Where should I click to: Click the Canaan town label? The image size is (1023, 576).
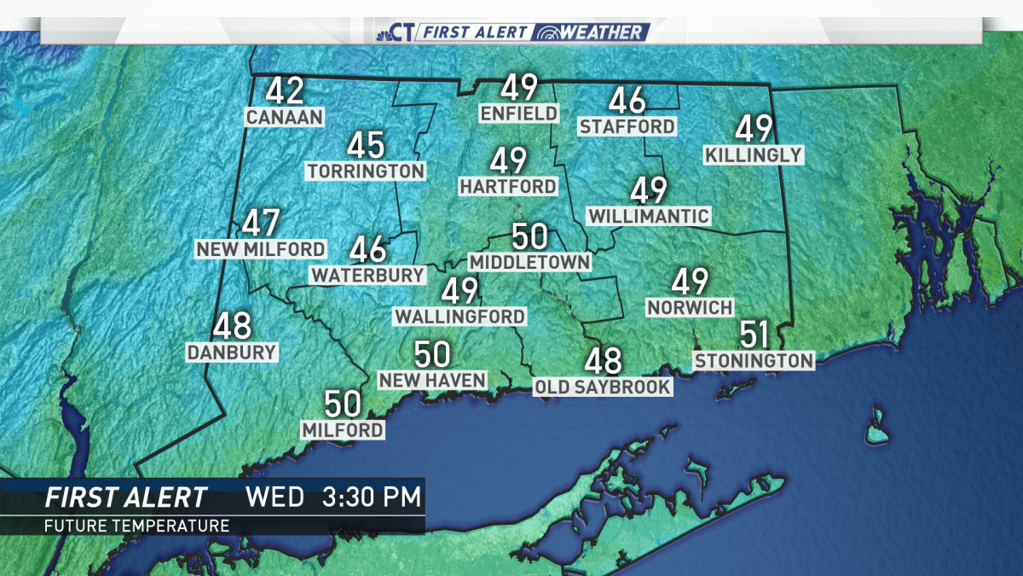(285, 116)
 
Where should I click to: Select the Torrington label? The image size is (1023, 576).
(365, 171)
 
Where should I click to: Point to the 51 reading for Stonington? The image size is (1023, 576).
(754, 335)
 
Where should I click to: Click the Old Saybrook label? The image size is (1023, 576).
(603, 387)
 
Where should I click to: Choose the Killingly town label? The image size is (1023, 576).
(754, 154)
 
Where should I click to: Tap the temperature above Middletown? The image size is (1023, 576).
(529, 236)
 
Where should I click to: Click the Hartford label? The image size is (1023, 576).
(508, 185)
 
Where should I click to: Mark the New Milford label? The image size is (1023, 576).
(260, 248)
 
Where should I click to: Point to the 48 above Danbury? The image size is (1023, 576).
(232, 327)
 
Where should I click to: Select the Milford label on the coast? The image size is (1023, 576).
(343, 429)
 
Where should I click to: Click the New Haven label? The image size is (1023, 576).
(432, 380)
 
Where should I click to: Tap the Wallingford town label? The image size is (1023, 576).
(459, 316)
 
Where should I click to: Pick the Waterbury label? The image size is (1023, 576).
(367, 275)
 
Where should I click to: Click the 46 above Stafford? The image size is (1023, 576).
(627, 102)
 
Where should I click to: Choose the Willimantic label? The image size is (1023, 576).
(649, 216)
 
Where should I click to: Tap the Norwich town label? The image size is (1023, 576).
(690, 306)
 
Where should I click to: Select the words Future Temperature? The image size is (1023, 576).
(136, 525)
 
